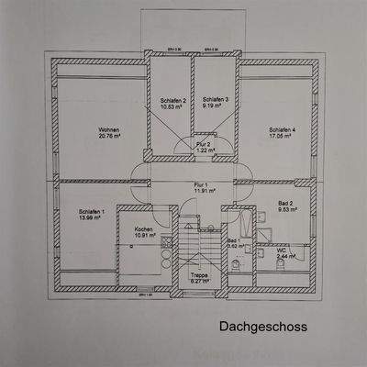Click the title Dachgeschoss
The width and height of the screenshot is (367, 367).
(x=261, y=326)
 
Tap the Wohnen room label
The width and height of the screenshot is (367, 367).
(x=109, y=129)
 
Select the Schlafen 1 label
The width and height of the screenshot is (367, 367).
(x=93, y=211)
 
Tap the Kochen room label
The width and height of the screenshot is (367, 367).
(x=144, y=228)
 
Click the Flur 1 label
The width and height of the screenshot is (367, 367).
(x=201, y=183)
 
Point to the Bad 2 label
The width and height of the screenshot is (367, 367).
(x=286, y=204)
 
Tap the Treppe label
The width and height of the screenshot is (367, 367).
(x=198, y=274)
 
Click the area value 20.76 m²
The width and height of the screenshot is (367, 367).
(x=109, y=137)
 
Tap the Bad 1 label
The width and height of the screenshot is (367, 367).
(x=233, y=239)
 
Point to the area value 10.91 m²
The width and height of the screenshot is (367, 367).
(x=144, y=236)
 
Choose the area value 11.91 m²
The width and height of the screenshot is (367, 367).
(x=201, y=191)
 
